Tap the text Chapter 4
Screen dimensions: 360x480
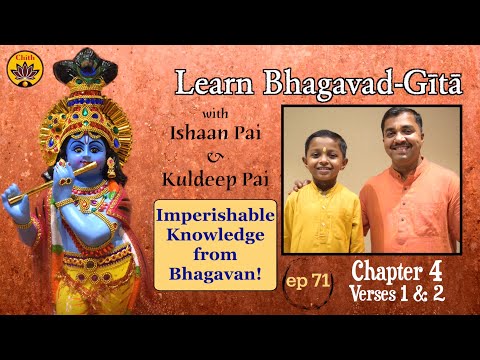pos(399,271)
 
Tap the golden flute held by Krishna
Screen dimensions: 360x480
pos(45,183)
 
